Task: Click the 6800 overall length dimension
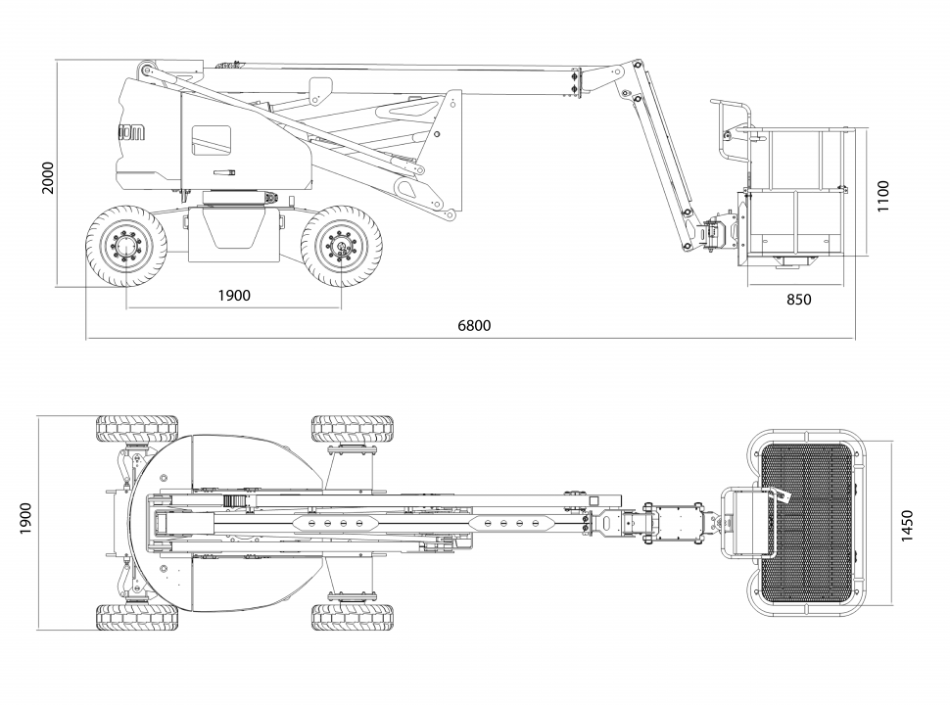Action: tap(474, 326)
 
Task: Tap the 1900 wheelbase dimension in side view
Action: tap(233, 296)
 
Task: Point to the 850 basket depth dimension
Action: tap(798, 300)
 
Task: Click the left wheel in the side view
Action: tap(126, 246)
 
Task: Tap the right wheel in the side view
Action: tap(342, 246)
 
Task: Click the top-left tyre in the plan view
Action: tap(137, 429)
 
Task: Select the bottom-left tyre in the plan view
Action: tap(137, 617)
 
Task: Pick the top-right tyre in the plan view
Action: tap(353, 429)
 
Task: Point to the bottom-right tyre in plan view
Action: tap(353, 617)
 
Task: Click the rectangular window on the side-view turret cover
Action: tap(212, 140)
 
